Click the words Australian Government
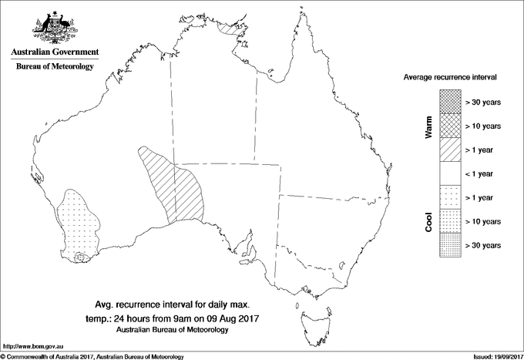point(55,52)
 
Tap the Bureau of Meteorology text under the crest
point(55,67)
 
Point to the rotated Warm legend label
point(428,127)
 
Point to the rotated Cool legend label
point(428,221)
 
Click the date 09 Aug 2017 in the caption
point(233,318)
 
